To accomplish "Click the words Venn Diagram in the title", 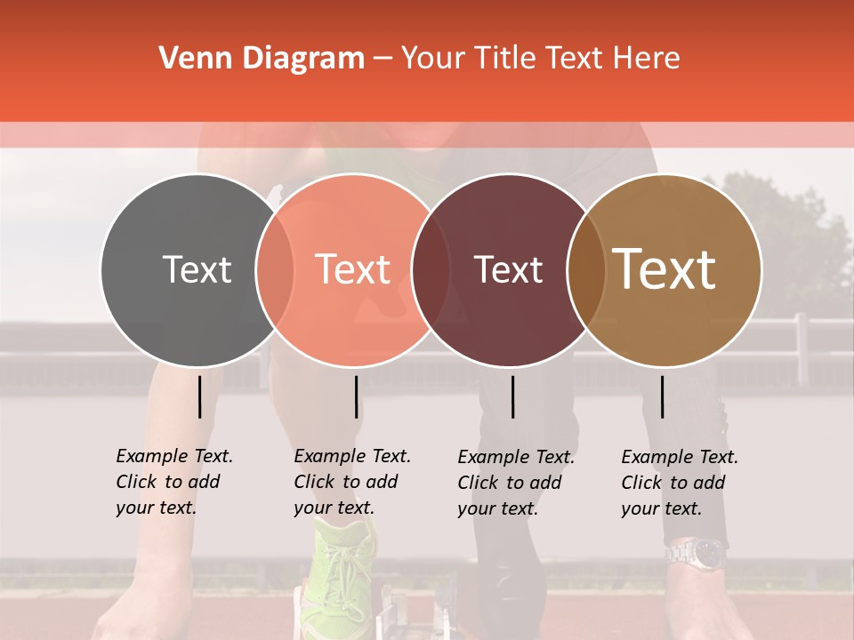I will [262, 59].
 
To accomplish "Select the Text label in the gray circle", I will [197, 269].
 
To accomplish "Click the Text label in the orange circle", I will [353, 269].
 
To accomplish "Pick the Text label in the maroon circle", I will [508, 269].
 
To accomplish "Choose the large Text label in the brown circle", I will [665, 269].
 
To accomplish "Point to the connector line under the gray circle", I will [200, 396].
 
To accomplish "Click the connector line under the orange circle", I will [356, 396].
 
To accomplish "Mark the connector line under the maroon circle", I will [512, 396].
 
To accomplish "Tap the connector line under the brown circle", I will [662, 396].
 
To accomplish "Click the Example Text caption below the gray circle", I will [173, 482].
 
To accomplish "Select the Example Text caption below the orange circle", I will [351, 482].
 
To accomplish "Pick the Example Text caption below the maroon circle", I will [515, 483].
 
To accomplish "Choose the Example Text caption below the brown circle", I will [679, 483].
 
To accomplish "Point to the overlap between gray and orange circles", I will [275, 269].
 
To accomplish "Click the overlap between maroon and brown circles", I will [584, 269].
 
